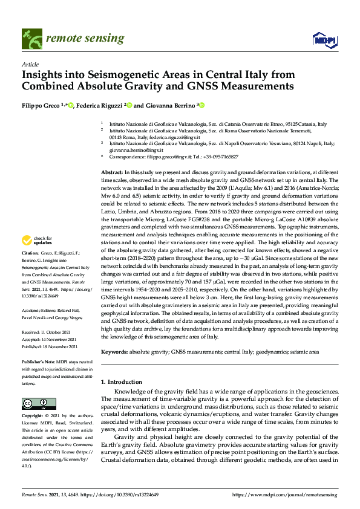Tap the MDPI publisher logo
pos(324,40)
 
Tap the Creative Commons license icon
pos(31,403)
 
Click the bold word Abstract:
pos(112,173)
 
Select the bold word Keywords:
pos(115,351)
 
